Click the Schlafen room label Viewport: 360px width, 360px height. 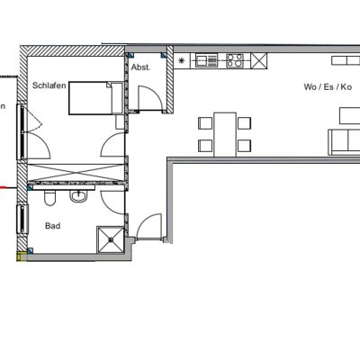[x=49, y=85]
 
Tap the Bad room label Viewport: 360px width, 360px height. [x=53, y=226]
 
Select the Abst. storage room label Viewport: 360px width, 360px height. [x=140, y=67]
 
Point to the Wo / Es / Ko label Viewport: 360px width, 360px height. [x=328, y=87]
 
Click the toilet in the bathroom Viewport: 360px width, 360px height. [x=49, y=198]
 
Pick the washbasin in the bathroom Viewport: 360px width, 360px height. [x=78, y=196]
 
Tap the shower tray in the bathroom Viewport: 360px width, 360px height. [x=111, y=239]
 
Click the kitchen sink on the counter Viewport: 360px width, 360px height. [x=206, y=60]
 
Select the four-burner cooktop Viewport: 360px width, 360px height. [x=235, y=60]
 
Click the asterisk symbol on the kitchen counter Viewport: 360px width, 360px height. [x=181, y=61]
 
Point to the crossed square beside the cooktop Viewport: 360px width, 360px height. [x=258, y=60]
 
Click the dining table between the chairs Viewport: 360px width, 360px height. [x=225, y=135]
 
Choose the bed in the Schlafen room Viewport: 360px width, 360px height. [x=96, y=98]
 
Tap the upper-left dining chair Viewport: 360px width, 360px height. [x=205, y=123]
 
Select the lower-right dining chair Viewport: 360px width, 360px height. [x=245, y=146]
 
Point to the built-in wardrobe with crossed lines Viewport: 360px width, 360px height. [x=76, y=173]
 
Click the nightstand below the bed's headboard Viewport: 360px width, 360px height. [x=120, y=122]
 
